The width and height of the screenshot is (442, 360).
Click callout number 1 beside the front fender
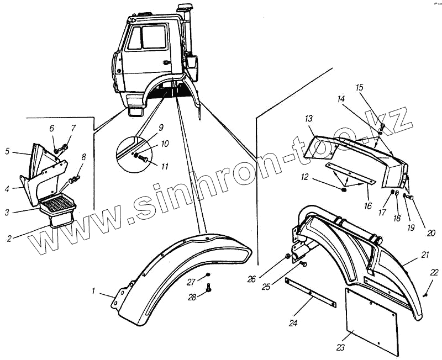94,290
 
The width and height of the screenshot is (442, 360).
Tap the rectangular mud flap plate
371,320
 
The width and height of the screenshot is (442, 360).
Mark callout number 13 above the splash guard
308,119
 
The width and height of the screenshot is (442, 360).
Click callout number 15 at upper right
360,88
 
